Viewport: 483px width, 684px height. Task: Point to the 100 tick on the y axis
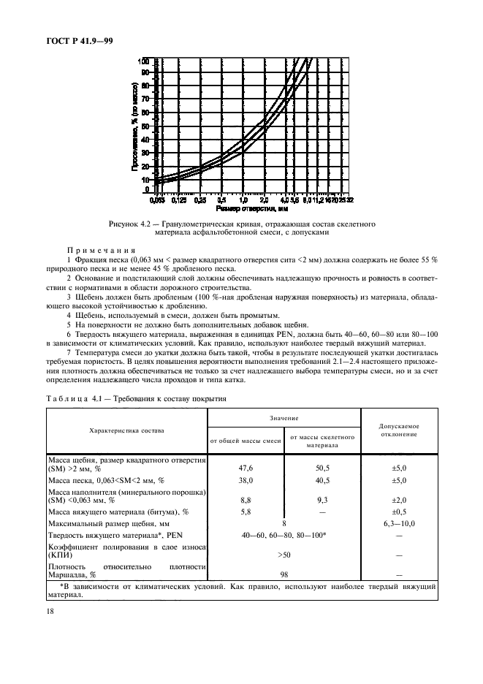pos(145,61)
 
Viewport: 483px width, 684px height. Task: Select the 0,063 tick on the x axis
pos(156,199)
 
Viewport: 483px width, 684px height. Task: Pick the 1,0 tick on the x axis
pos(243,199)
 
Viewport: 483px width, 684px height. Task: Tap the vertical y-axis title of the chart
pos(134,125)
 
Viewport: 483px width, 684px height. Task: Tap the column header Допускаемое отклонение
pos(399,430)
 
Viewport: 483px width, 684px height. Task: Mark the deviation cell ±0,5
pos(399,512)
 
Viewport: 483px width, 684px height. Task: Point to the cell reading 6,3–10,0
pos(399,524)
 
